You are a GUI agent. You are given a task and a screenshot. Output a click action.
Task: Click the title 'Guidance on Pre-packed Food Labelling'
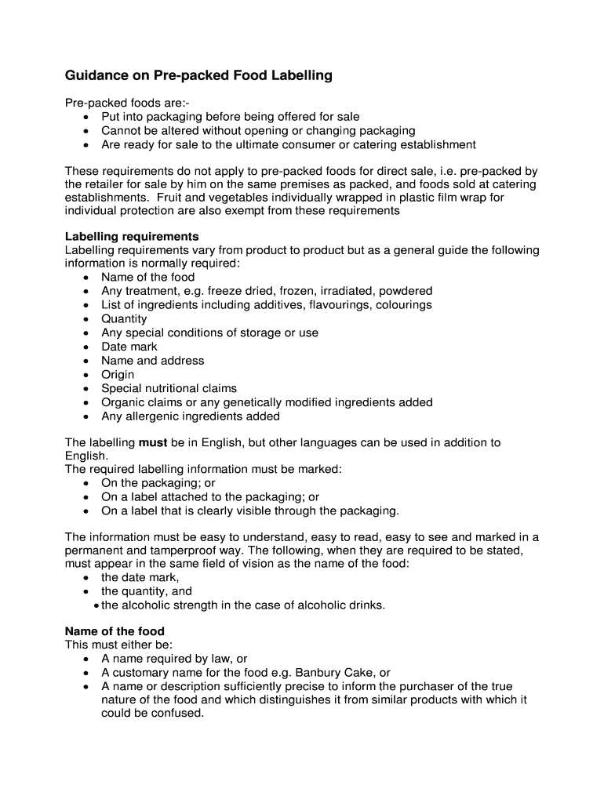coord(198,76)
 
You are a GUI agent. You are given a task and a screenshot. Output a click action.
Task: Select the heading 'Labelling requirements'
coord(132,236)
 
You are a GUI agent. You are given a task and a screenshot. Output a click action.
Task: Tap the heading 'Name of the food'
coord(115,630)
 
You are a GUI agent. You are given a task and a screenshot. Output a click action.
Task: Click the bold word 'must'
coord(153,442)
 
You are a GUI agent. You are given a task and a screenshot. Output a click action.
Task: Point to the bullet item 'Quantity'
coord(124,318)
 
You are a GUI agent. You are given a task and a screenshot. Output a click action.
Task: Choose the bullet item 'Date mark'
coord(129,347)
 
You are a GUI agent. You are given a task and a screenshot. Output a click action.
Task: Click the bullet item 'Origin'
coord(118,374)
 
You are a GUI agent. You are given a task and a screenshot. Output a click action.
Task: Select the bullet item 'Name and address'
coord(152,361)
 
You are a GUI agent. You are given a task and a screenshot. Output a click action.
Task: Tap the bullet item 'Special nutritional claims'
coord(169,388)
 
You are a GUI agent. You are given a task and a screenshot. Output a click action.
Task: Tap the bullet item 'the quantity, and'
coord(147,591)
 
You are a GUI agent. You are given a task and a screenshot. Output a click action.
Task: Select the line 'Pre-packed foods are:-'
coord(126,103)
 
